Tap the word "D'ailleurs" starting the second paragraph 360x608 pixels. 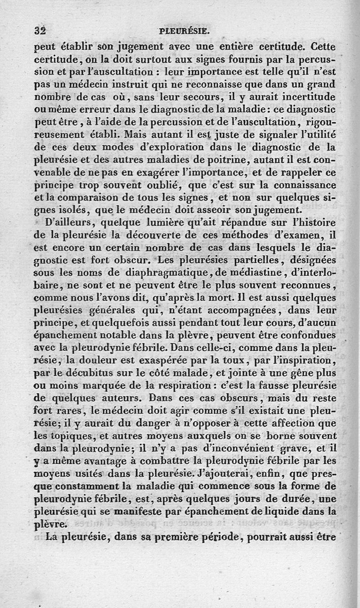[67, 222]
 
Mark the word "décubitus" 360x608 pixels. [90, 373]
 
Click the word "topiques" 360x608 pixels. [73, 436]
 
